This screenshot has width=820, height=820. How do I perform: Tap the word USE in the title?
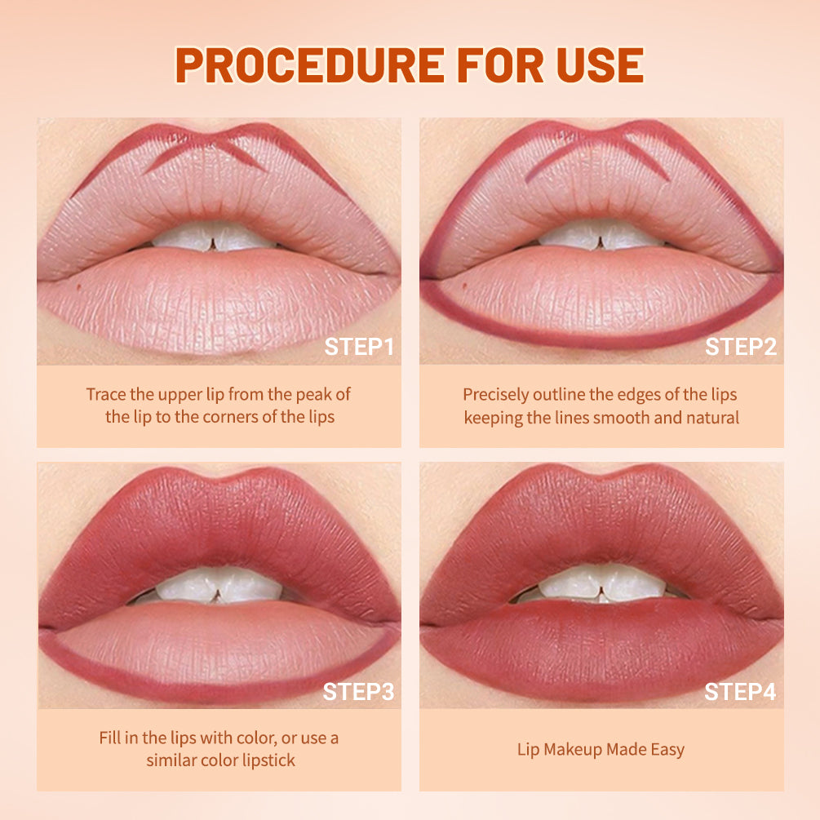(x=596, y=64)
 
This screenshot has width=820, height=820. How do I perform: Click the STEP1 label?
(x=359, y=347)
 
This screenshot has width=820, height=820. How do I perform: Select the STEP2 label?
(x=741, y=347)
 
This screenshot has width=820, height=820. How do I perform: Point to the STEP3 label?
(x=358, y=692)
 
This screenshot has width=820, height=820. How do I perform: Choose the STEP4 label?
(x=741, y=692)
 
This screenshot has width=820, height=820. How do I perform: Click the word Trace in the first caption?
(x=106, y=394)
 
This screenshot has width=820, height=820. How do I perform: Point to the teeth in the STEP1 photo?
(x=215, y=237)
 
